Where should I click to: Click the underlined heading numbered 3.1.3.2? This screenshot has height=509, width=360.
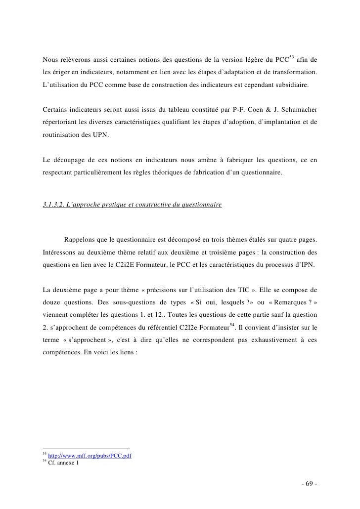pyautogui.click(x=132, y=204)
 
